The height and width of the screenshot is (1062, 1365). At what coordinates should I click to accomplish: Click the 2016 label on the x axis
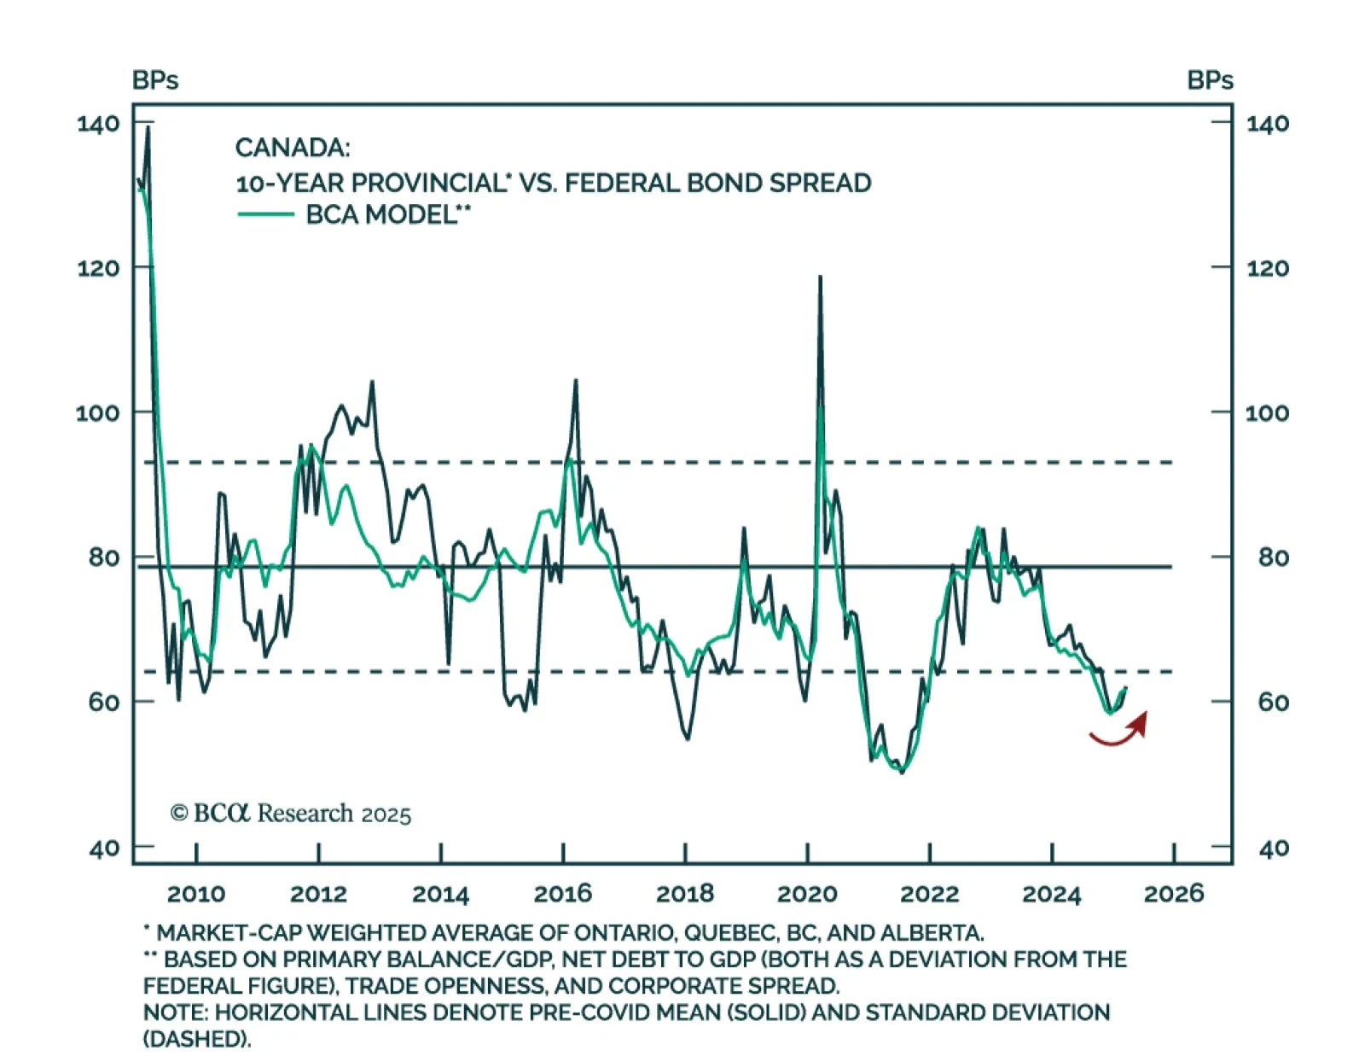coord(562,894)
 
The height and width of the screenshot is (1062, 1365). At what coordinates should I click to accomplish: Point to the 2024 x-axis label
coord(1051,894)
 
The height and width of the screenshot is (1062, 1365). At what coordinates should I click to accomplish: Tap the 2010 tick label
coord(196,894)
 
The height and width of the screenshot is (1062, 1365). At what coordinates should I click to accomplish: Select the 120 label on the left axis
coord(98,268)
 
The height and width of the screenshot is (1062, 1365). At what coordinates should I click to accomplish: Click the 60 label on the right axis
coord(1273,702)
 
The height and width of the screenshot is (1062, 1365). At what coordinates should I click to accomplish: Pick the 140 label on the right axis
coord(1267,124)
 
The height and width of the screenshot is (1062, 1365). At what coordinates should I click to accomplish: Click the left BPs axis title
coord(155,80)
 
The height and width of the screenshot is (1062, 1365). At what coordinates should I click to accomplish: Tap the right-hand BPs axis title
coord(1210,80)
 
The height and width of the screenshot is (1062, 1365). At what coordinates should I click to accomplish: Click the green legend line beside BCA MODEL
coord(265,213)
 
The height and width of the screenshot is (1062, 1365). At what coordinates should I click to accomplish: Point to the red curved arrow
coord(1120,730)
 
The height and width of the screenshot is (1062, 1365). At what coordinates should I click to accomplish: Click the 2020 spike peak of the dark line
coord(821,277)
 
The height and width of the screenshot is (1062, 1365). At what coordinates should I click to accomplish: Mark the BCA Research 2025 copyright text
coord(291,814)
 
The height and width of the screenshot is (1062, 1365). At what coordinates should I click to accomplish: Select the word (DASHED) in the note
coord(196,1039)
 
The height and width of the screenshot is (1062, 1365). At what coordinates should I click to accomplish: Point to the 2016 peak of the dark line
coord(576,381)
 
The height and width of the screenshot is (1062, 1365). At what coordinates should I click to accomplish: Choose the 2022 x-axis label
coord(929,894)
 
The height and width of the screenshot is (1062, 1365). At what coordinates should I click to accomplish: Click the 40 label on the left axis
coord(104,849)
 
